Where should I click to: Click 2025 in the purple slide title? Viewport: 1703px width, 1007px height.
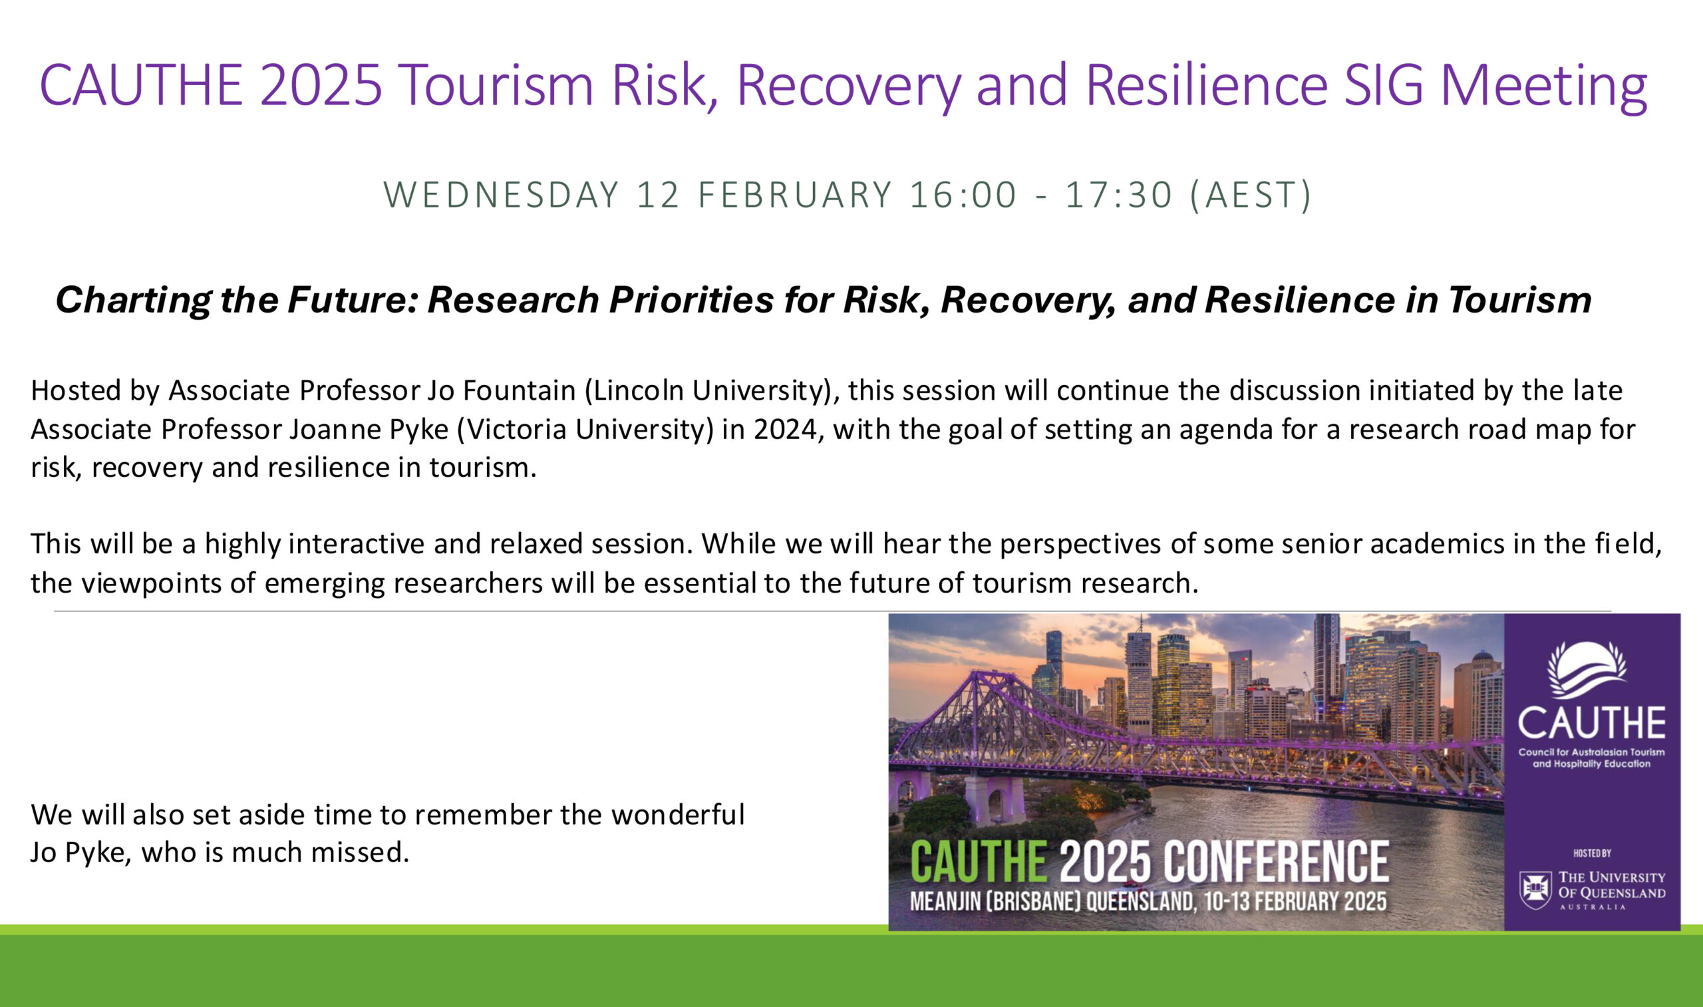[x=321, y=85]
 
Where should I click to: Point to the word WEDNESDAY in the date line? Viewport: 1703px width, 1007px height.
[x=502, y=195]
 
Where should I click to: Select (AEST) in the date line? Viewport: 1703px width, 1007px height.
[x=1251, y=196]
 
